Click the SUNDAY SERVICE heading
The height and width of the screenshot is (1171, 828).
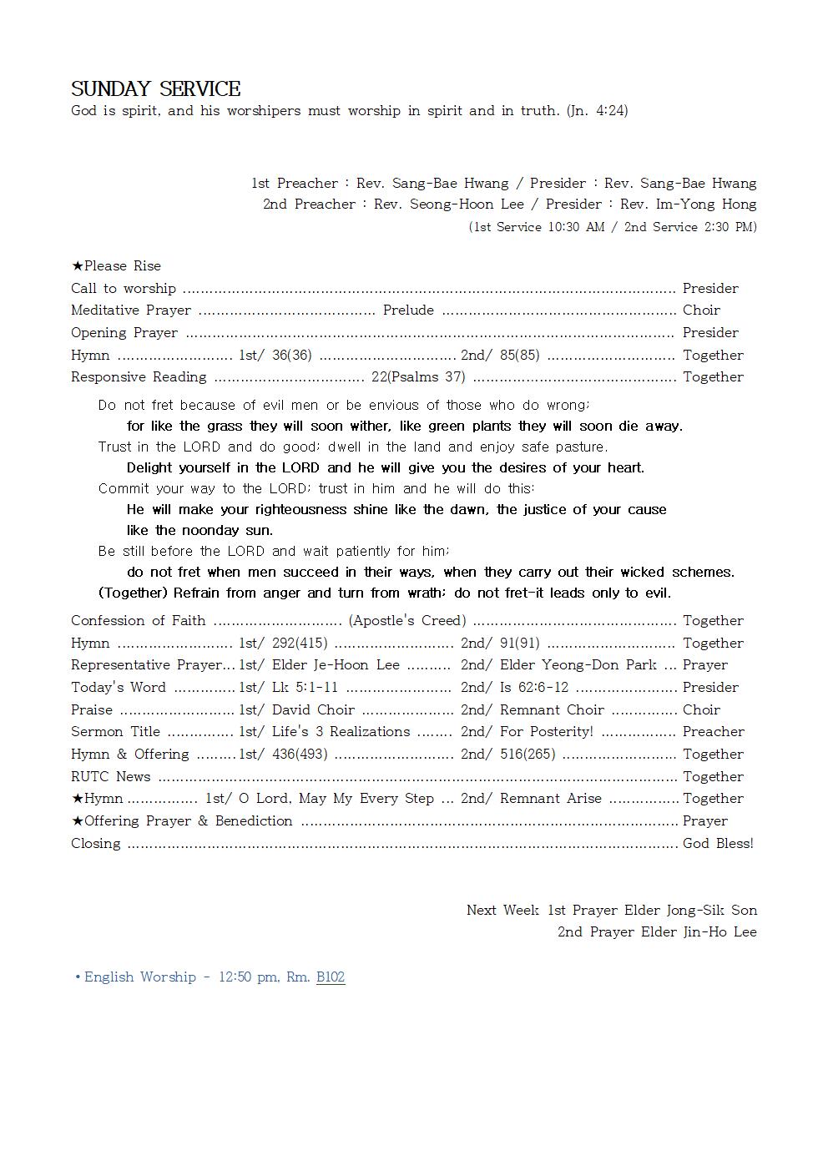pos(156,89)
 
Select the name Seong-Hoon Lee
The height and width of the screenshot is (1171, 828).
pos(467,204)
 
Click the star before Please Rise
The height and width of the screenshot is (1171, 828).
pos(78,266)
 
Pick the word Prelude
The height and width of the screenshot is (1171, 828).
pos(408,310)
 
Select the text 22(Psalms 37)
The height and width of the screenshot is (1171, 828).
pos(418,377)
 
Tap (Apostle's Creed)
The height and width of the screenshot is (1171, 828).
pos(407,621)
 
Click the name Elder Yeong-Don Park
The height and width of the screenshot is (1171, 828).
pos(578,665)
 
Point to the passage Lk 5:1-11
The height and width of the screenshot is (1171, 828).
pos(305,688)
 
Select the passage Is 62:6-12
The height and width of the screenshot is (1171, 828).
pos(534,688)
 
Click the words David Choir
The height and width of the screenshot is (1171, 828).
pos(313,710)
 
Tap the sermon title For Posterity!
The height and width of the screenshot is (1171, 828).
pos(547,732)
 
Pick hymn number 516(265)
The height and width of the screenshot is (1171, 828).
pos(528,755)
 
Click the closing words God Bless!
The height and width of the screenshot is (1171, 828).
pos(718,844)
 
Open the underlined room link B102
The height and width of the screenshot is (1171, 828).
pos(331,977)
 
